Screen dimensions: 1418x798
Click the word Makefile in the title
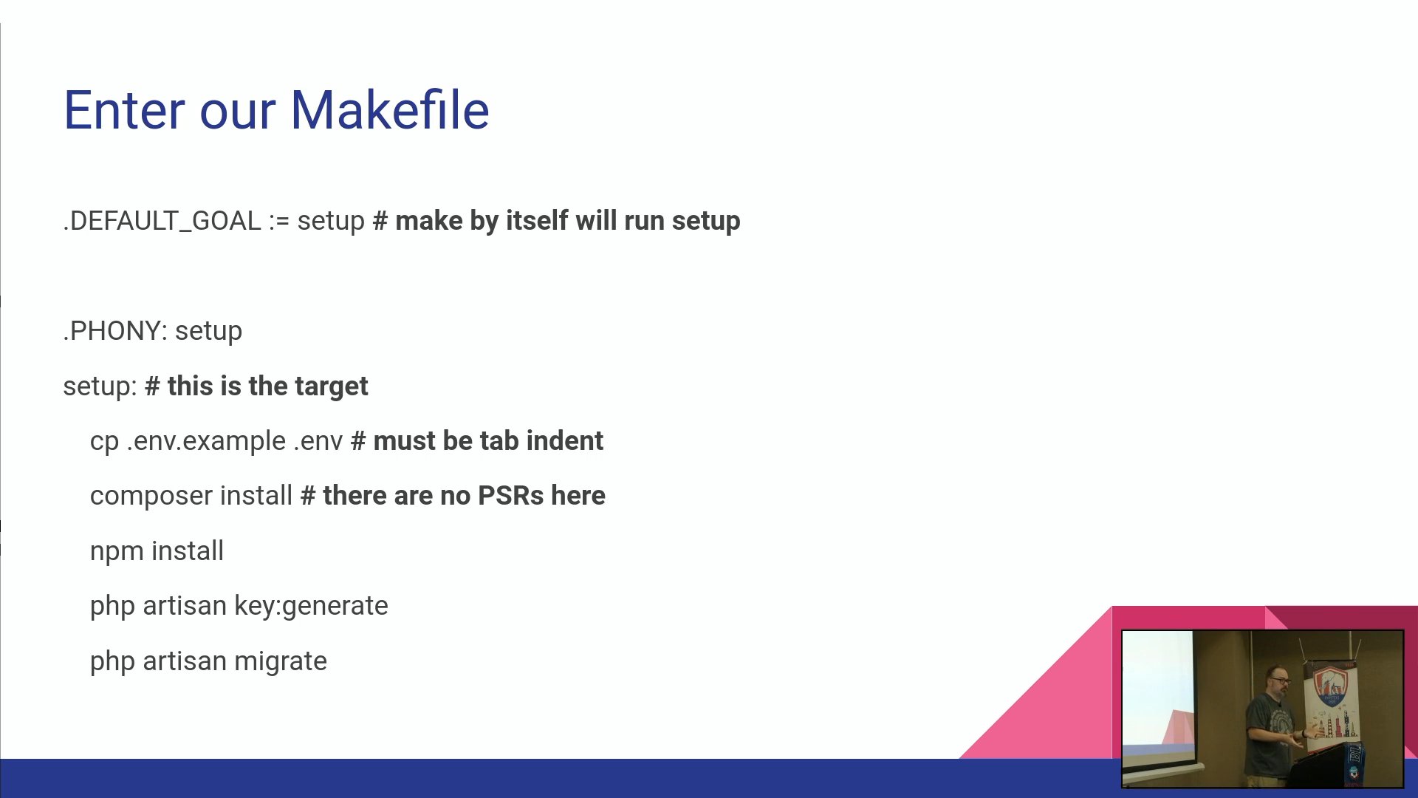(390, 110)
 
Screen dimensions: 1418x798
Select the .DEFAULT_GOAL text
(162, 221)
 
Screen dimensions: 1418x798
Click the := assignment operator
(279, 221)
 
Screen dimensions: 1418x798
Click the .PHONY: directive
(115, 331)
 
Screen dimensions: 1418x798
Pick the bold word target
(331, 386)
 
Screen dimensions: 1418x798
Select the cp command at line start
(104, 442)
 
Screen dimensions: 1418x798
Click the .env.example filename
(206, 441)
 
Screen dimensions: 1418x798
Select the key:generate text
(311, 607)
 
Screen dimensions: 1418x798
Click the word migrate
(281, 662)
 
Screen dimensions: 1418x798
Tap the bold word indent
(565, 441)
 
